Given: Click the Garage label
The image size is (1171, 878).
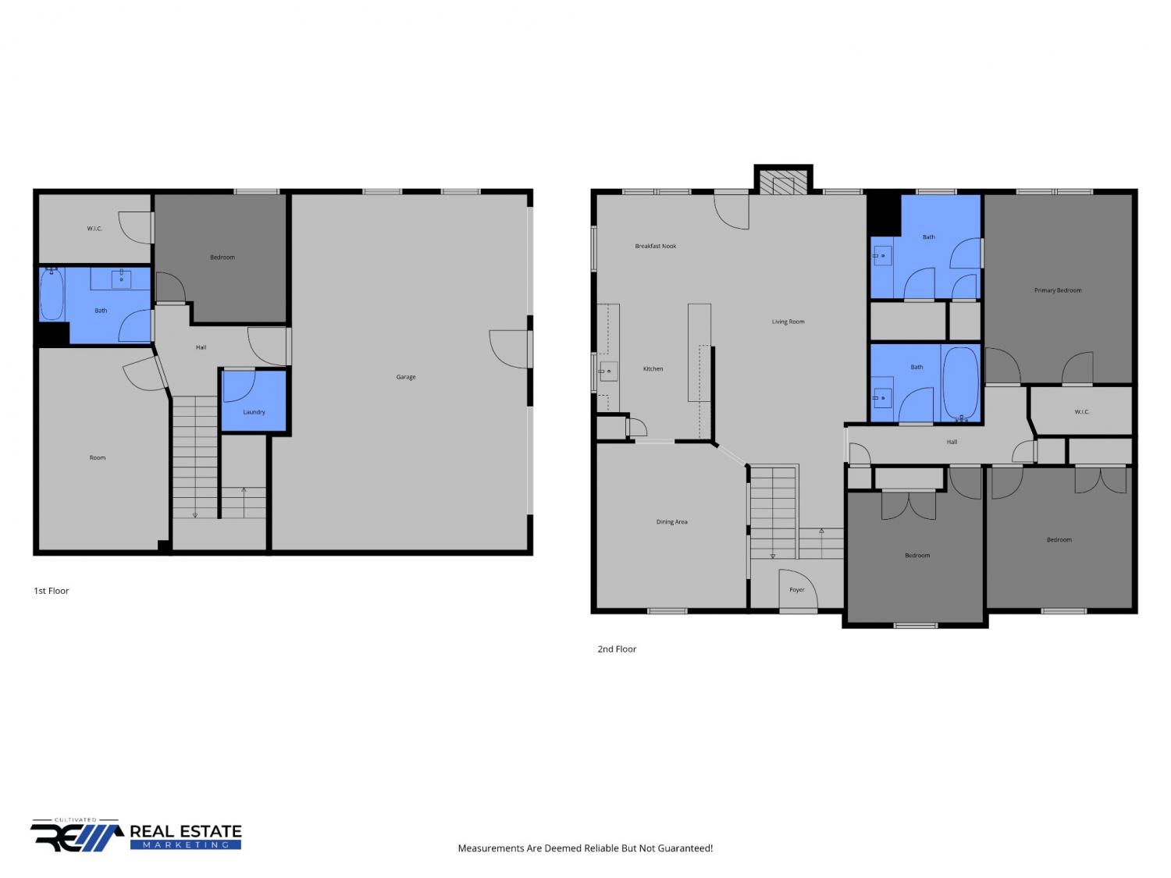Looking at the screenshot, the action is point(405,377).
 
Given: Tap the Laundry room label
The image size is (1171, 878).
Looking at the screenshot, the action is point(254,412).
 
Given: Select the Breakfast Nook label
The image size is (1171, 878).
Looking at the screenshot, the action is point(656,247).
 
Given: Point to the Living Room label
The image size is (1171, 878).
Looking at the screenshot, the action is point(788,322).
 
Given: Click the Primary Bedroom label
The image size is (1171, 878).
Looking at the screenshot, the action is point(1058,290).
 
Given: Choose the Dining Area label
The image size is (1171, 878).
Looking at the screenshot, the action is point(671,522).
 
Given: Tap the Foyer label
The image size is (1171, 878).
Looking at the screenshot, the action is point(796,589).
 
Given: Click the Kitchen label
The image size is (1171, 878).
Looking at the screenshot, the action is point(653,369).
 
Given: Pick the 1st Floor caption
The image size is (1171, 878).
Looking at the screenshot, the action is point(52,591).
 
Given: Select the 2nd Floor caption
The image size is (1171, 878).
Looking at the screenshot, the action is point(617,649).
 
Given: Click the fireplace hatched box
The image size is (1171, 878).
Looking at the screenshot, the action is point(783,183).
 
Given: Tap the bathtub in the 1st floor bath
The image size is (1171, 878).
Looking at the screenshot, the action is point(52,294).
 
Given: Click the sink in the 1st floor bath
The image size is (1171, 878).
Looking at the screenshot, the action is point(121,279).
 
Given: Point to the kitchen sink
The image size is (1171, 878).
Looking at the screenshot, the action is point(608,371).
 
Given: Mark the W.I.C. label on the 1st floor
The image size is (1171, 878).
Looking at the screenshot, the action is point(94,229).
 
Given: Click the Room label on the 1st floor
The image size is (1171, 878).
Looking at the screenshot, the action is point(98,458).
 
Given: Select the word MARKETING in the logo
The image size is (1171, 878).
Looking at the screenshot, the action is point(186,845).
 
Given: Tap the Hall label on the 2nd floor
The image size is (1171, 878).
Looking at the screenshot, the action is point(952,442).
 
